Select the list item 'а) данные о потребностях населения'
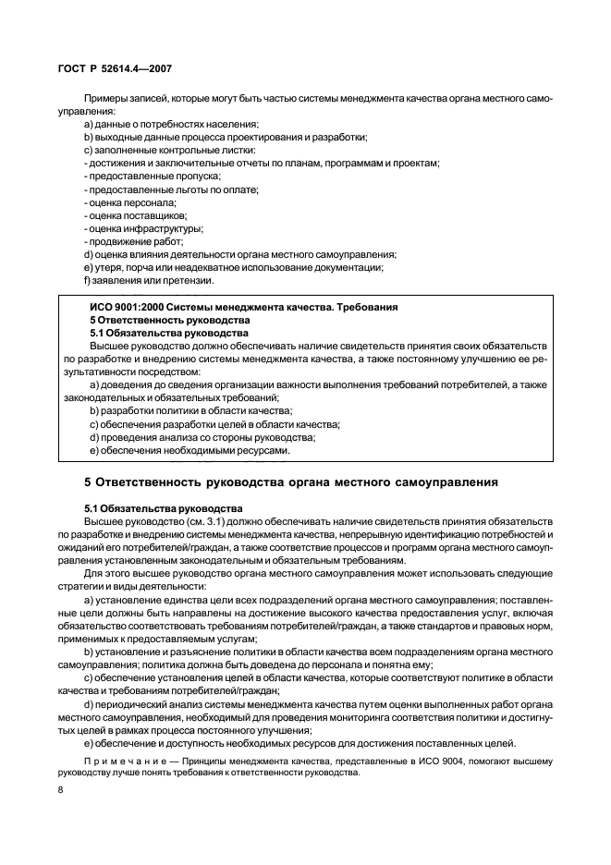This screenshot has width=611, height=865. coord(171,124)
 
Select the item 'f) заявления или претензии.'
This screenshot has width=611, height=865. coord(148,280)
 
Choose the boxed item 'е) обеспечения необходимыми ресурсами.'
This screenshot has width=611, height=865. coord(189,451)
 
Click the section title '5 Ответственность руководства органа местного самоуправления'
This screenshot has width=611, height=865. coord(291,482)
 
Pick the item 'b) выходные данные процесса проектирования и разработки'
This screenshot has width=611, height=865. coord(225,137)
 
